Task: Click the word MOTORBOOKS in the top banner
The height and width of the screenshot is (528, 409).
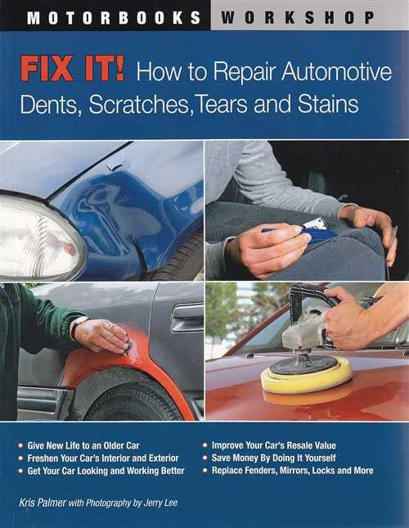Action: [111, 17]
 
